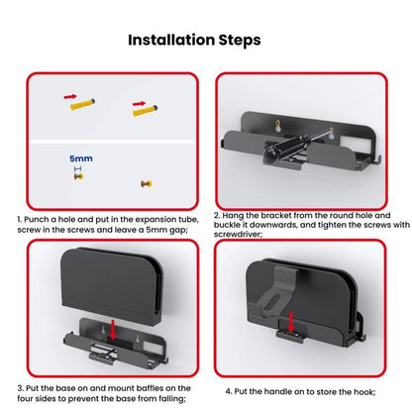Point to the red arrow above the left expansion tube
(70, 97)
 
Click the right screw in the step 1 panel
(145, 182)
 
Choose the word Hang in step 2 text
(238, 215)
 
